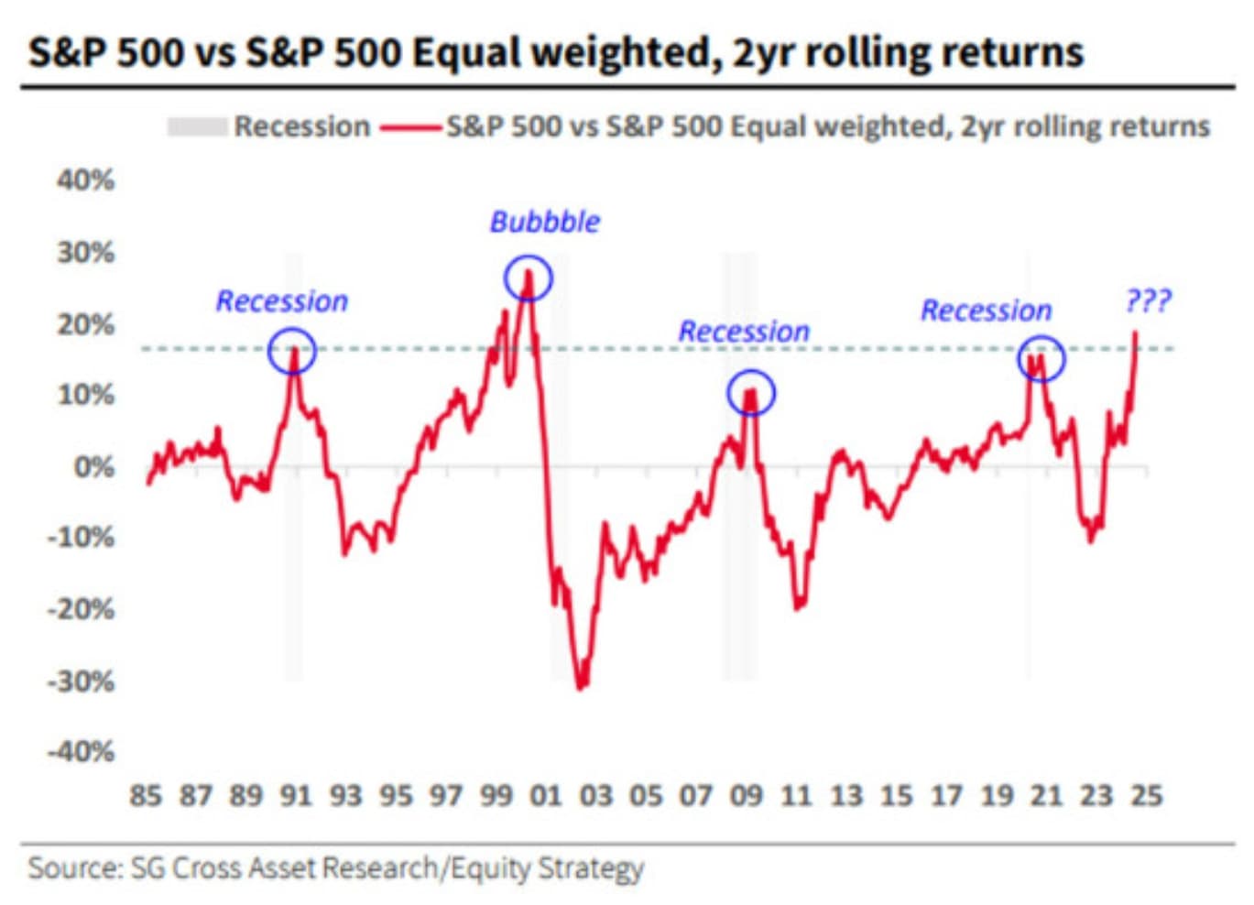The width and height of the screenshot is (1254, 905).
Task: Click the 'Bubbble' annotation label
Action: pos(544,222)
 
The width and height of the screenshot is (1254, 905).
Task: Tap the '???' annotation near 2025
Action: pos(1148,300)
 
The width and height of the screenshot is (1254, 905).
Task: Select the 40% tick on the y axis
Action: pos(86,180)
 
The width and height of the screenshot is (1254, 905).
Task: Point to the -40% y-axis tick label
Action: pos(82,752)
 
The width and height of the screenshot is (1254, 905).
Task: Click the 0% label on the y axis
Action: pos(93,467)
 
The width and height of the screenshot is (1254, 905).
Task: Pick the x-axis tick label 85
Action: pos(146,795)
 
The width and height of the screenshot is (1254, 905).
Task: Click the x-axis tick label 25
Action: pos(1146,795)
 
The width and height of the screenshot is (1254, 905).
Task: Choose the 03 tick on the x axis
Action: pos(595,795)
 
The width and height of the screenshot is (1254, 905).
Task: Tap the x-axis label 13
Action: pos(845,795)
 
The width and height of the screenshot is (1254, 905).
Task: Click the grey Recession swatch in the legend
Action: pos(196,126)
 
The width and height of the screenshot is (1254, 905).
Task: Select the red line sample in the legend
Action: pos(410,127)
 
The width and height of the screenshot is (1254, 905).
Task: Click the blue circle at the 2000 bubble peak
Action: pos(529,278)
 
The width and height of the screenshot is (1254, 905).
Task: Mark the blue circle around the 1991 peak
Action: pos(292,351)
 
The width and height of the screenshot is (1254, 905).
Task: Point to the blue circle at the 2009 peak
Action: pos(751,394)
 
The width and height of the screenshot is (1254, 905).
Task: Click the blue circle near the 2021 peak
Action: pos(1041,358)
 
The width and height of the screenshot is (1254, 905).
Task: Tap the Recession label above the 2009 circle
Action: pos(744,332)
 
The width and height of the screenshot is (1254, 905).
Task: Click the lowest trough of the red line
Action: pos(581,686)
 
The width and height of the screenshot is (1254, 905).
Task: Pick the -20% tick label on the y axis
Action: pos(82,609)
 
